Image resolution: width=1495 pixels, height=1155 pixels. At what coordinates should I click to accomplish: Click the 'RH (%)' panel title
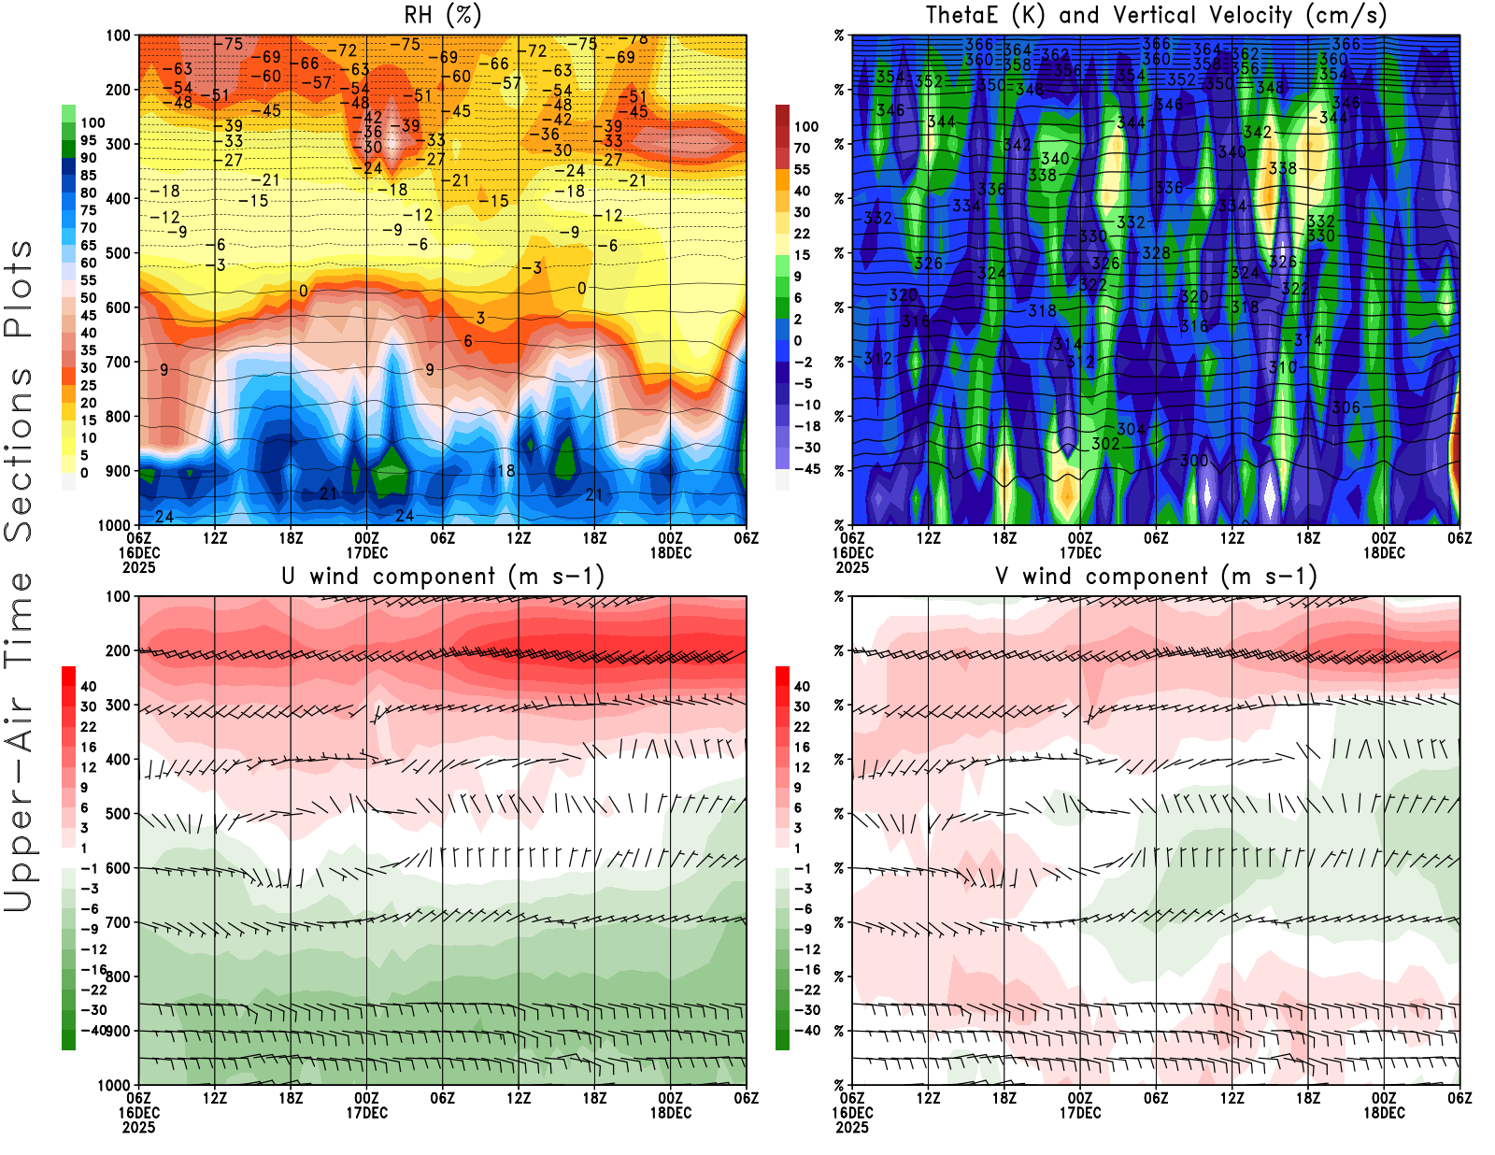click(x=443, y=15)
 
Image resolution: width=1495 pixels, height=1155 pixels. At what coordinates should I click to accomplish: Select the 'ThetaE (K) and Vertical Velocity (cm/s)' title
click(x=1156, y=15)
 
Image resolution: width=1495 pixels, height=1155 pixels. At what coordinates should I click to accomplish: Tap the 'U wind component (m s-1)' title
click(x=443, y=576)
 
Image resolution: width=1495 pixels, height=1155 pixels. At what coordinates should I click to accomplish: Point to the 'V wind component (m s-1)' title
click(x=1156, y=576)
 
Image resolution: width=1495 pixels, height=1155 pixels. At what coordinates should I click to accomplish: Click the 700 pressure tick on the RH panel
click(x=119, y=362)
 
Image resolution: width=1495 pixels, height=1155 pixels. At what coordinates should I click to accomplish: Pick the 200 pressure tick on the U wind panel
click(x=119, y=650)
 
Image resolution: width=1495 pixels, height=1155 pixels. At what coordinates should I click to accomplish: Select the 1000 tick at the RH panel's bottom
click(x=114, y=525)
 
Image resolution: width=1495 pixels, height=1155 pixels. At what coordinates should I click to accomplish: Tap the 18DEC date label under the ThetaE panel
click(x=1384, y=552)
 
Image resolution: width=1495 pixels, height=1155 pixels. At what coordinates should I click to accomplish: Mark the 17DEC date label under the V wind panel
click(x=1080, y=1113)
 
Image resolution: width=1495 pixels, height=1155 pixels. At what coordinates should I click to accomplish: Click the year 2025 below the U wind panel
click(x=139, y=1127)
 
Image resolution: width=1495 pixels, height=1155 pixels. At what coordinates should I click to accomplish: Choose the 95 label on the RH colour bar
click(x=88, y=140)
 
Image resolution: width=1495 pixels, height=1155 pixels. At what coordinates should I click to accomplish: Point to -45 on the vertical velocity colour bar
click(x=806, y=469)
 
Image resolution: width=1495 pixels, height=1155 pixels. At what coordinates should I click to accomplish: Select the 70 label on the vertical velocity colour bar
click(x=802, y=148)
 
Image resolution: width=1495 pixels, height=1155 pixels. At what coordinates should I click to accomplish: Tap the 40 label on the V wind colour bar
click(x=802, y=686)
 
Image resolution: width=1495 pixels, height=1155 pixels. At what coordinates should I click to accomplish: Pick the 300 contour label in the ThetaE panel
click(x=1194, y=461)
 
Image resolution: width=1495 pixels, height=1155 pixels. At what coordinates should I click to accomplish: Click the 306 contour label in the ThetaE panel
click(x=1345, y=407)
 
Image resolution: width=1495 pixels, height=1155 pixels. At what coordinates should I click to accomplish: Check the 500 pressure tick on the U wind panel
click(x=119, y=814)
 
